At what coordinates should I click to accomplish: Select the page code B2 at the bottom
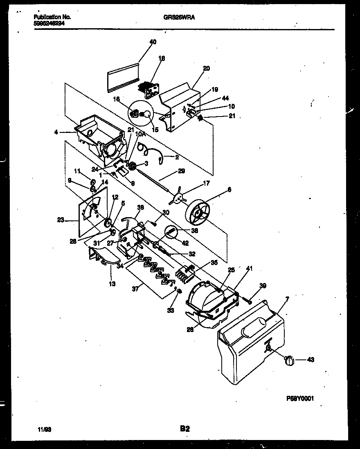184,429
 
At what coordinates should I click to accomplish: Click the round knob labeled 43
289,360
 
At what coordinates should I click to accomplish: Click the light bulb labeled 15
144,116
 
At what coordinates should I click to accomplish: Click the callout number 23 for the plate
61,220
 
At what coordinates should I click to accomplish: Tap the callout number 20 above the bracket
206,68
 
